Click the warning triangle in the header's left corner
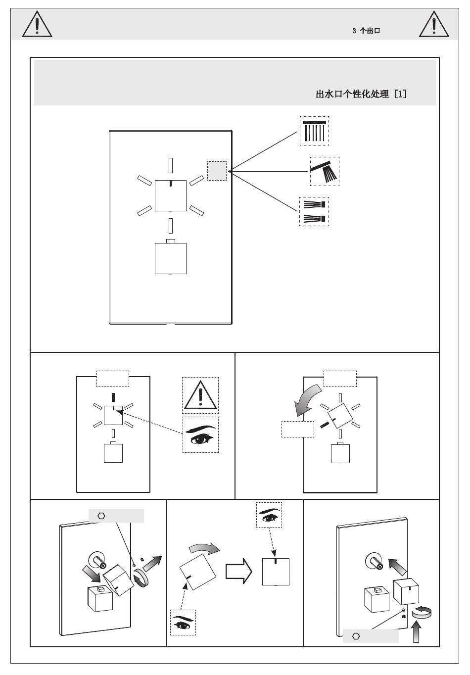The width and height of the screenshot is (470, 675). (37, 24)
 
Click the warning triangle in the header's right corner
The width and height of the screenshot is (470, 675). (434, 24)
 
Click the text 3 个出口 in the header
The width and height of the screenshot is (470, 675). (366, 31)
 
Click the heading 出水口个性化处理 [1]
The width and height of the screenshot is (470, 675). (361, 94)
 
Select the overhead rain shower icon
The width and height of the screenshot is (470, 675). (314, 131)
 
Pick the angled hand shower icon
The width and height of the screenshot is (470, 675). (325, 171)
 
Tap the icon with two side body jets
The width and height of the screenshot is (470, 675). (314, 211)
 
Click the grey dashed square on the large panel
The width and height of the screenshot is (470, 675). (217, 171)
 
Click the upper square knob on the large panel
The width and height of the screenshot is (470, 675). (171, 195)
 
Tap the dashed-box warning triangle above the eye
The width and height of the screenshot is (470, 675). (200, 395)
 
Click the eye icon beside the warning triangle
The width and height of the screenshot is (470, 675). (200, 434)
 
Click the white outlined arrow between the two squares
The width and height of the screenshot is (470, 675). (238, 571)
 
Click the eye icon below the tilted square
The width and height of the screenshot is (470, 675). (183, 623)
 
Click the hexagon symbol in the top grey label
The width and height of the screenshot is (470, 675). (101, 516)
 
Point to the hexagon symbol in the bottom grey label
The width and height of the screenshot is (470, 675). (356, 636)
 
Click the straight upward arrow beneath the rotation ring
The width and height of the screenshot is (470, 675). (417, 631)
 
